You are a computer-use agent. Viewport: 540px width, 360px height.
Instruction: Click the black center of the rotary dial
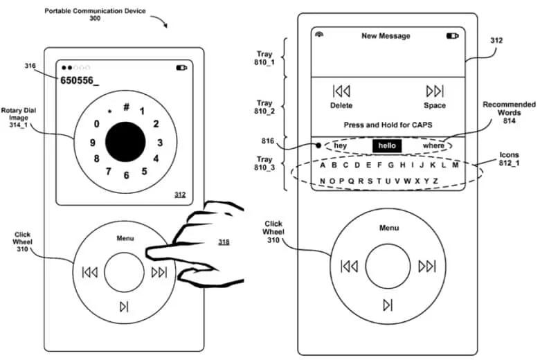pos(125,142)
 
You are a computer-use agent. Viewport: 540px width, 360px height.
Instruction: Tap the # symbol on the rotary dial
pos(127,107)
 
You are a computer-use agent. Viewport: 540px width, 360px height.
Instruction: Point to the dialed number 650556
pos(79,81)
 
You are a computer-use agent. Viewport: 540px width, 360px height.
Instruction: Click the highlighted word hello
pos(386,146)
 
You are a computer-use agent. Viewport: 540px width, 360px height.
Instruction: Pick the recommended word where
pos(433,146)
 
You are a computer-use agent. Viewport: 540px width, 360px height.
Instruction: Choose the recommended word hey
pos(341,146)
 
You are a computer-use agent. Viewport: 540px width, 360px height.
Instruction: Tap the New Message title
pos(386,35)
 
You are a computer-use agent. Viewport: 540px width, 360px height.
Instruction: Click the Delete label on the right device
pos(341,105)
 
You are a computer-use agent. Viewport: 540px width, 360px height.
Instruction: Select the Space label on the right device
pos(435,105)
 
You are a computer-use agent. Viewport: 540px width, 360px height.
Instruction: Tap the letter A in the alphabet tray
pos(323,165)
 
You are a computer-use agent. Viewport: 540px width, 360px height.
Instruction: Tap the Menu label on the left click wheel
pos(125,239)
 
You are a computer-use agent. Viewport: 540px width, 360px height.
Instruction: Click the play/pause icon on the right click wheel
pos(388,305)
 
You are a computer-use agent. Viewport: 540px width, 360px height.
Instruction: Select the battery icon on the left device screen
pos(181,68)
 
